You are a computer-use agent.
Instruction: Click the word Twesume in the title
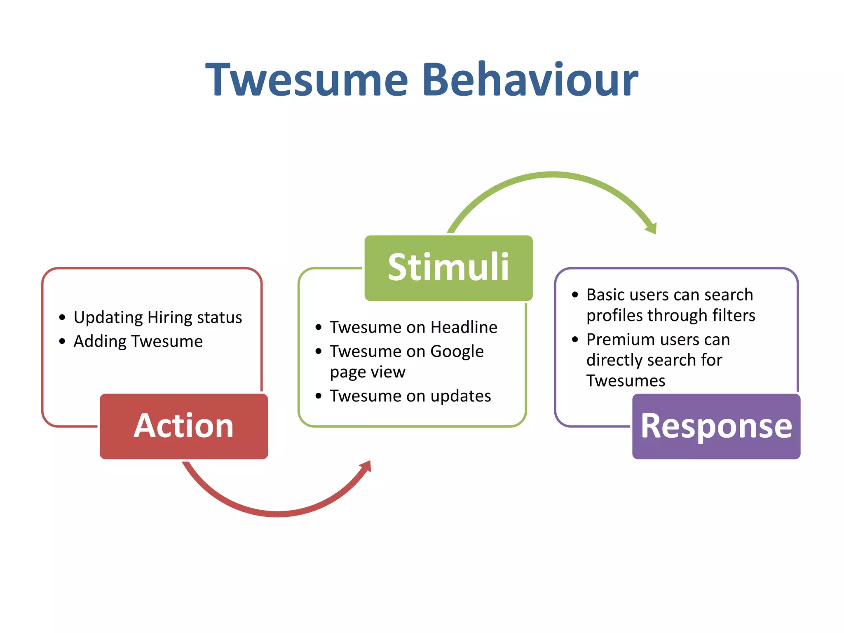307,79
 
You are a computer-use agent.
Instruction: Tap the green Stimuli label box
448,268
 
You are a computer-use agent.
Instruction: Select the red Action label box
184,426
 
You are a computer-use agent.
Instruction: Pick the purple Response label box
716,426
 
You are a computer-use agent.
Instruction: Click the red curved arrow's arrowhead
366,467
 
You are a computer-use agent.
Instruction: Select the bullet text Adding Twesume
138,341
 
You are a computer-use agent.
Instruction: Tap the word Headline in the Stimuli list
464,327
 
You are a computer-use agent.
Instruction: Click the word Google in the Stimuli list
457,352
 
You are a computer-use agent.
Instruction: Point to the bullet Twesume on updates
410,396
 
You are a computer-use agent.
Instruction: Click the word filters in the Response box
734,316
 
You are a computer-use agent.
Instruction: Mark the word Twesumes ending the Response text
626,381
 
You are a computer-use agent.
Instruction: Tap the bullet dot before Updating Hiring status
62,317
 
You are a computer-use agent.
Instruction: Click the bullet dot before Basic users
575,295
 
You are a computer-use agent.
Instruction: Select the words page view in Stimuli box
368,372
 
